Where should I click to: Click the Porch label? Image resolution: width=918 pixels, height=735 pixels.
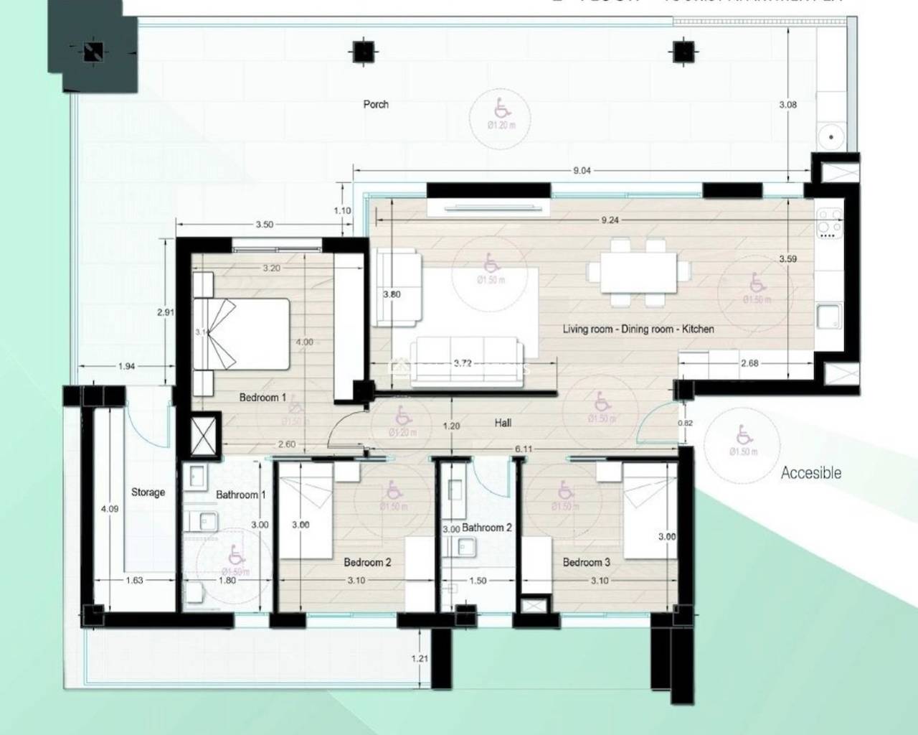(376, 105)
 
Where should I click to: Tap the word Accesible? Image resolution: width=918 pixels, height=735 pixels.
(810, 473)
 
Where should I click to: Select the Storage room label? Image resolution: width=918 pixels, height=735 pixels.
(148, 492)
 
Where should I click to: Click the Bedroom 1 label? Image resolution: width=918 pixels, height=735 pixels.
(262, 398)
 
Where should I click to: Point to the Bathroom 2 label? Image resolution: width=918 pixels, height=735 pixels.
(487, 528)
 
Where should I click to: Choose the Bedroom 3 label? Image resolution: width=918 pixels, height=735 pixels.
(586, 562)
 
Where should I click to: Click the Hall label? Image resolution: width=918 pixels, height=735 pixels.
(503, 423)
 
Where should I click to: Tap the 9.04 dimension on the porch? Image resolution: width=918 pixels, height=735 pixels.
(582, 171)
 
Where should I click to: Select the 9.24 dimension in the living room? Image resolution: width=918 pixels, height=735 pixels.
(610, 220)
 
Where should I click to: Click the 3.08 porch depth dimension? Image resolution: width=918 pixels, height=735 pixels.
(787, 105)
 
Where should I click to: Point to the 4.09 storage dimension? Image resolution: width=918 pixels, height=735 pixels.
(110, 509)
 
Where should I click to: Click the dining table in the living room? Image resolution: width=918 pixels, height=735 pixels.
(638, 271)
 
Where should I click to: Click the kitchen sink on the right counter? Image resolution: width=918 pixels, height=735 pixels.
(829, 316)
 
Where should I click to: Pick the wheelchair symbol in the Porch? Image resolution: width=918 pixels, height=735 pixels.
(501, 110)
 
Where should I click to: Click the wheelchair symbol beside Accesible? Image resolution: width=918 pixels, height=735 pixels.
(743, 435)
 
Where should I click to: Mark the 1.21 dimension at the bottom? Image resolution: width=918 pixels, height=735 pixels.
(420, 658)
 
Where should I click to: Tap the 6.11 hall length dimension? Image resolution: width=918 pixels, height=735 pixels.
(524, 449)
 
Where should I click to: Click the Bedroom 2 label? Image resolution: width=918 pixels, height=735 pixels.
(367, 562)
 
